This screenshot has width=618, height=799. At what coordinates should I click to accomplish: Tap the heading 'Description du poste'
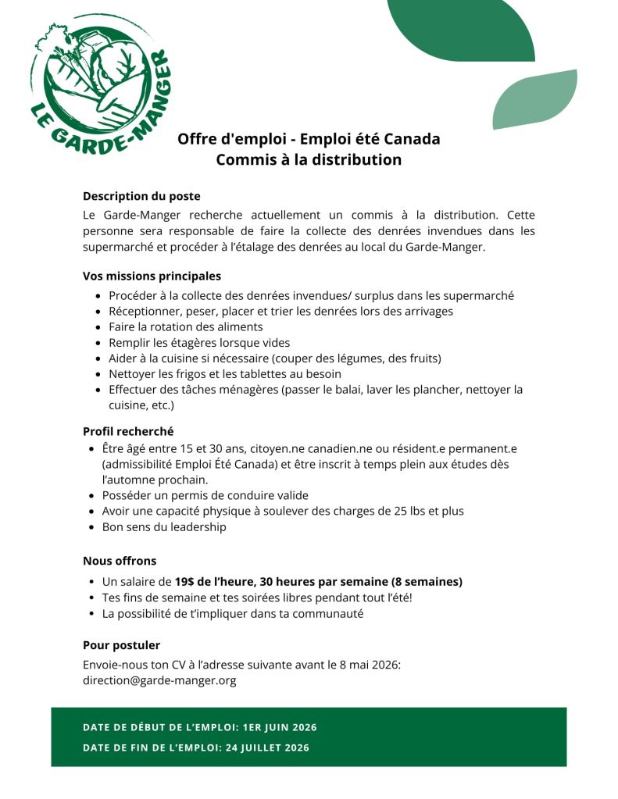[141, 196]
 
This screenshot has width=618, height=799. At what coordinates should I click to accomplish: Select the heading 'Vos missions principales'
[152, 276]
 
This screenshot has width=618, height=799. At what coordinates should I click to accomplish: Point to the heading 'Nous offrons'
[120, 560]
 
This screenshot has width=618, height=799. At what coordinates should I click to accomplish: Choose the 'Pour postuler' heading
[121, 645]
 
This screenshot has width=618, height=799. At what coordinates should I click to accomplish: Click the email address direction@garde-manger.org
[159, 680]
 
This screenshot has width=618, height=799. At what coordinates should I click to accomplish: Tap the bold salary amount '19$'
[184, 582]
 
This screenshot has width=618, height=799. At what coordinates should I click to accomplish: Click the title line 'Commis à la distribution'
[309, 160]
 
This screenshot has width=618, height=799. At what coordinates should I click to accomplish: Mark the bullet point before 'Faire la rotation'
[97, 327]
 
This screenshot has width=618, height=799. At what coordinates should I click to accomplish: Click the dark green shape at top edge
[461, 30]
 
